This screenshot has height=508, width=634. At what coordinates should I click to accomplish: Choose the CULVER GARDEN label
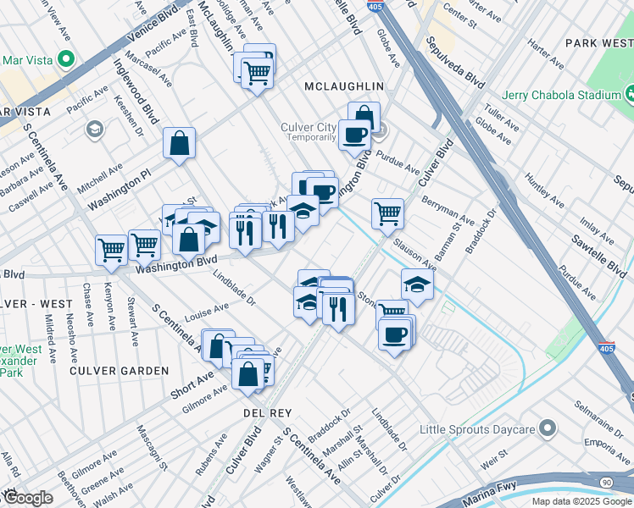click(120, 371)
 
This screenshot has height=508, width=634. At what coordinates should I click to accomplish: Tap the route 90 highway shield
click(606, 482)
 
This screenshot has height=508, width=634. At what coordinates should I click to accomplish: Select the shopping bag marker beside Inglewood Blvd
click(180, 144)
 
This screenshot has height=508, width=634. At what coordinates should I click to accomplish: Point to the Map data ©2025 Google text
click(580, 501)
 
